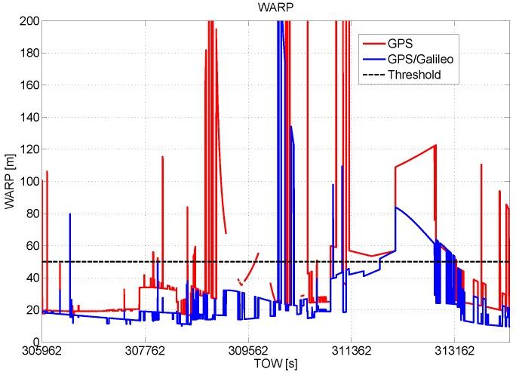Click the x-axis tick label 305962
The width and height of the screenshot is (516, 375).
pyautogui.click(x=42, y=352)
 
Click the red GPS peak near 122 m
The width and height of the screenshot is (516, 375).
pyautogui.click(x=435, y=146)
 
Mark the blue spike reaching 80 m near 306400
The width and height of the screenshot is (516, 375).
pyautogui.click(x=70, y=214)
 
